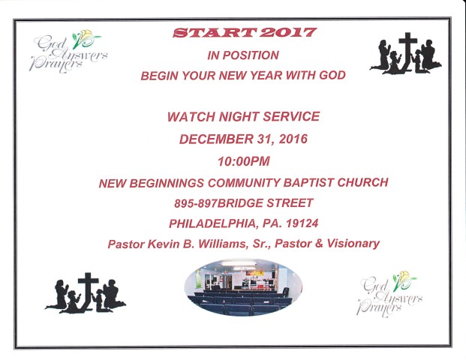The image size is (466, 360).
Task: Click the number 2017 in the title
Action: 287,33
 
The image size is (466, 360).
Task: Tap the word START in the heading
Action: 215,33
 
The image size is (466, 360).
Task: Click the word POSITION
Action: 251,55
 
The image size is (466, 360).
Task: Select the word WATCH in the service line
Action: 191,117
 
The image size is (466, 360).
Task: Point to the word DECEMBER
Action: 215,139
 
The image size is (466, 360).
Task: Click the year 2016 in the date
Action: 293,139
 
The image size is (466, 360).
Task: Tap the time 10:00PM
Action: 244,161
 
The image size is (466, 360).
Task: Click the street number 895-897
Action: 195,203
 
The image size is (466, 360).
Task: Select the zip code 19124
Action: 302,223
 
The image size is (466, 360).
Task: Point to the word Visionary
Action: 353,244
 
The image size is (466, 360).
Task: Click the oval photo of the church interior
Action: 243,287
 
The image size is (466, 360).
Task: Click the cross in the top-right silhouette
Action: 407,51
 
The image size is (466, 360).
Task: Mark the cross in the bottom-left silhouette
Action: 89,291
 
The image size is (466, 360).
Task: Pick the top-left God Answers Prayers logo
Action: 68,52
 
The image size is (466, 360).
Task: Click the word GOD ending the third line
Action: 332,75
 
